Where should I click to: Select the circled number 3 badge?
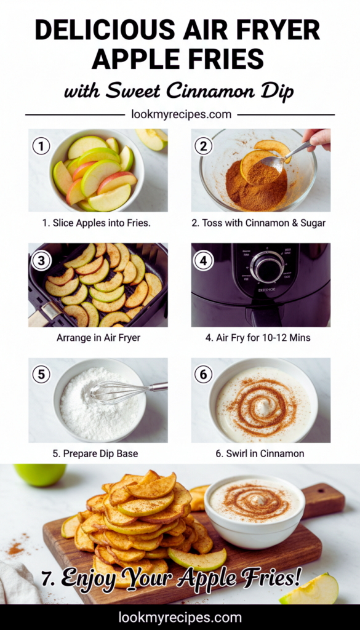41,261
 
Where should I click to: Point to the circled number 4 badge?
203,261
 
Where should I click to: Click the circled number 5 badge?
41,375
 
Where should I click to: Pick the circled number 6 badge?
203,375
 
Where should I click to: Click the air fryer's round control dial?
267,267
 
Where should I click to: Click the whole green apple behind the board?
40,474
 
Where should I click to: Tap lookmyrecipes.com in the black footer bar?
180,618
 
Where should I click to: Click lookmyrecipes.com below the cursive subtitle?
181,114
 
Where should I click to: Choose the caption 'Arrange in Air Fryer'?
98,338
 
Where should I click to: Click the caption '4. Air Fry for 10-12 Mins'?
258,338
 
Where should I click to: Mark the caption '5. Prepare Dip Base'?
95,454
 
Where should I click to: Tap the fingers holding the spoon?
318,138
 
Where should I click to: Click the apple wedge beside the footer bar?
310,590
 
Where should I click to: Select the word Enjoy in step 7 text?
97,578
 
